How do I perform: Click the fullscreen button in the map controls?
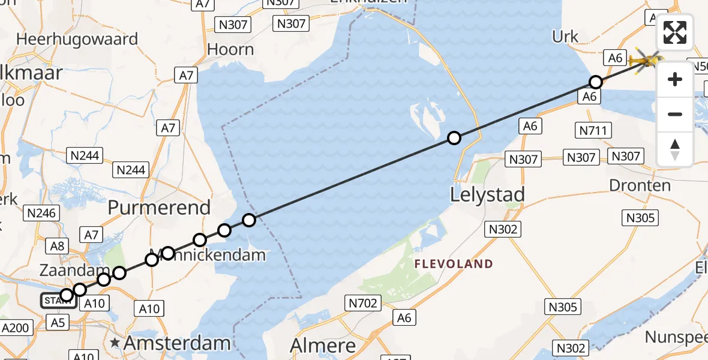pyautogui.click(x=675, y=32)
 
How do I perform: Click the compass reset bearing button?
pyautogui.click(x=675, y=149)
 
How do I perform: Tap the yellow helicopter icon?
pyautogui.click(x=645, y=60)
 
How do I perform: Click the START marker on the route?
pyautogui.click(x=58, y=300)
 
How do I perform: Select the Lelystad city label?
pyautogui.click(x=488, y=194)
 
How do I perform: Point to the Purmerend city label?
pyautogui.click(x=159, y=208)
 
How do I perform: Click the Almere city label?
pyautogui.click(x=323, y=345)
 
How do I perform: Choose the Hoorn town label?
pyautogui.click(x=230, y=49)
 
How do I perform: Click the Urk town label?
pyautogui.click(x=565, y=37)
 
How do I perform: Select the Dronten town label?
pyautogui.click(x=640, y=185)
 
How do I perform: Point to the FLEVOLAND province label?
pyautogui.click(x=454, y=263)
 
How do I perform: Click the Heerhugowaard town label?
pyautogui.click(x=77, y=39)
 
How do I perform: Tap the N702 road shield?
pyautogui.click(x=364, y=304)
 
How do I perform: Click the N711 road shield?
pyautogui.click(x=593, y=130)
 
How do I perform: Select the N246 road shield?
pyautogui.click(x=41, y=212)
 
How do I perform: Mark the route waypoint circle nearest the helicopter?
pyautogui.click(x=596, y=82)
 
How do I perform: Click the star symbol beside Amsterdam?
pyautogui.click(x=115, y=343)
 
